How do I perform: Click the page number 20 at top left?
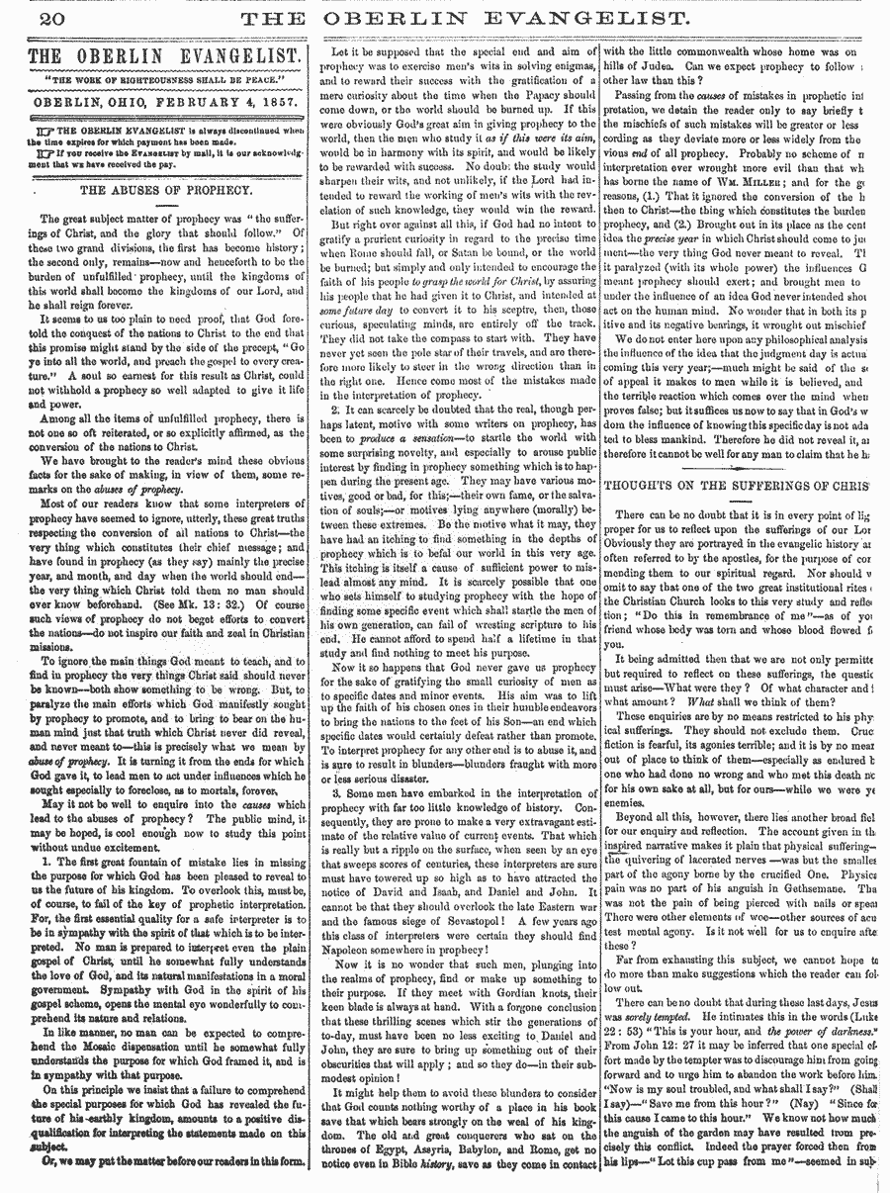(28, 17)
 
